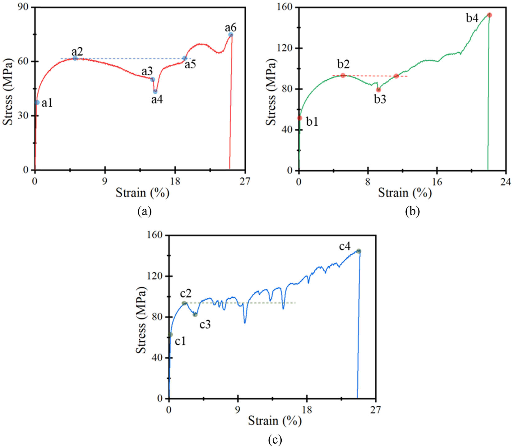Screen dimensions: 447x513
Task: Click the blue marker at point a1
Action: tap(37, 102)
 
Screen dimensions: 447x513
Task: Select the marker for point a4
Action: tap(155, 91)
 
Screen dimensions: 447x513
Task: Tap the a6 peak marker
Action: tap(231, 35)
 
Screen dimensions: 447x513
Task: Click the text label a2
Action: tap(77, 51)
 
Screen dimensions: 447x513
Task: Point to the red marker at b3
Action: tap(378, 90)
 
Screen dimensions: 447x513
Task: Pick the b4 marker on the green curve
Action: tap(489, 15)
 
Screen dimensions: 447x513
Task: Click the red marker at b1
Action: tap(300, 118)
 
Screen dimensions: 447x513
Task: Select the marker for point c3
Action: tap(195, 314)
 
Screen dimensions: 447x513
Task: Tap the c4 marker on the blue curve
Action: tap(358, 251)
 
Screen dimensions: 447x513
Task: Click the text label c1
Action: tap(180, 341)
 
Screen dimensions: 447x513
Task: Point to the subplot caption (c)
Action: tap(275, 440)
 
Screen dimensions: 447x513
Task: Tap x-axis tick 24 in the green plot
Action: tap(506, 182)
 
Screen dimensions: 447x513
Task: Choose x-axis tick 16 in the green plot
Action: tap(437, 182)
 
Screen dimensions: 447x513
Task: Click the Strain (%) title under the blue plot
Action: tap(275, 421)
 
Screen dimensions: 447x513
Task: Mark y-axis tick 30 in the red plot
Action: tap(25, 116)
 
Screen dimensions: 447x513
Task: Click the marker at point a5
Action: tap(185, 58)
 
